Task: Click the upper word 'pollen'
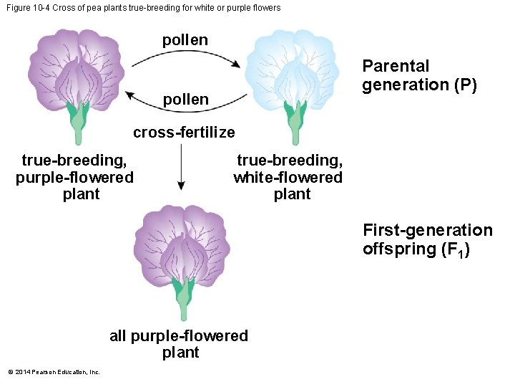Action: pos(185,40)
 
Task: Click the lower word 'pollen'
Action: pos(185,100)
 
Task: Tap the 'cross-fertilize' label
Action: pos(184,133)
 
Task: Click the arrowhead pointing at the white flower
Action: pos(236,64)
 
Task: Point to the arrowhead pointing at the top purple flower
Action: pos(130,94)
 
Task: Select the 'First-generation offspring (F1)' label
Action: pos(427,239)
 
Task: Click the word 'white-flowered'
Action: pos(288,177)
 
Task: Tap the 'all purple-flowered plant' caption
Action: pos(179,344)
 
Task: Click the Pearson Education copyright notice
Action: pos(54,371)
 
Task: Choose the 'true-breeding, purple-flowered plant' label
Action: pos(74,177)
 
